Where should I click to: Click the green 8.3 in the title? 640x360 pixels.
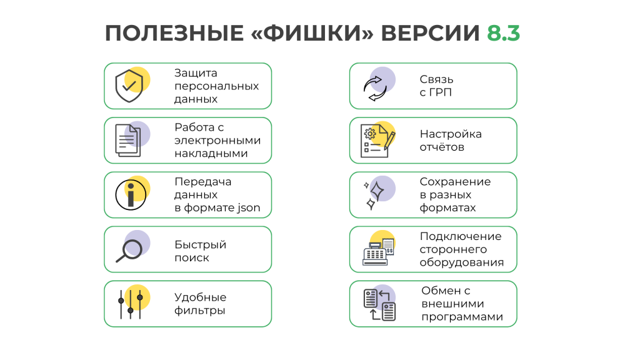pyautogui.click(x=503, y=33)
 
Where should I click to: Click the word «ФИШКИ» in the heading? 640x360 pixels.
pyautogui.click(x=312, y=33)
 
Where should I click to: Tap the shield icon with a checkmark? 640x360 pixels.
pyautogui.click(x=129, y=86)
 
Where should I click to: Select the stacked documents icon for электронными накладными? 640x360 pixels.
pyautogui.click(x=128, y=141)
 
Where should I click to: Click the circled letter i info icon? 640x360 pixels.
pyautogui.click(x=131, y=195)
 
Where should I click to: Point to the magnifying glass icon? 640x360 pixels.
pyautogui.click(x=129, y=250)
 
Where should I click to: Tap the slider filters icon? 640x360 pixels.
pyautogui.click(x=130, y=304)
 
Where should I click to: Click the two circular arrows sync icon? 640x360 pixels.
pyautogui.click(x=375, y=89)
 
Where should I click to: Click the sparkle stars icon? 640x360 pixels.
pyautogui.click(x=374, y=195)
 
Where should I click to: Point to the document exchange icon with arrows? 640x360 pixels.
pyautogui.click(x=379, y=305)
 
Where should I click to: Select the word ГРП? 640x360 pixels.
pyautogui.click(x=441, y=92)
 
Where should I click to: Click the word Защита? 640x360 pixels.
pyautogui.click(x=196, y=73)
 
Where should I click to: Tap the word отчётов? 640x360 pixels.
pyautogui.click(x=442, y=147)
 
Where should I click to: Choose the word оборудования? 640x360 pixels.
pyautogui.click(x=462, y=262)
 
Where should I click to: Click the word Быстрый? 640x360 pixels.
pyautogui.click(x=201, y=245)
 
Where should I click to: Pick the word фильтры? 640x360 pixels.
pyautogui.click(x=199, y=311)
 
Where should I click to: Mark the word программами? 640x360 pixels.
pyautogui.click(x=462, y=317)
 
